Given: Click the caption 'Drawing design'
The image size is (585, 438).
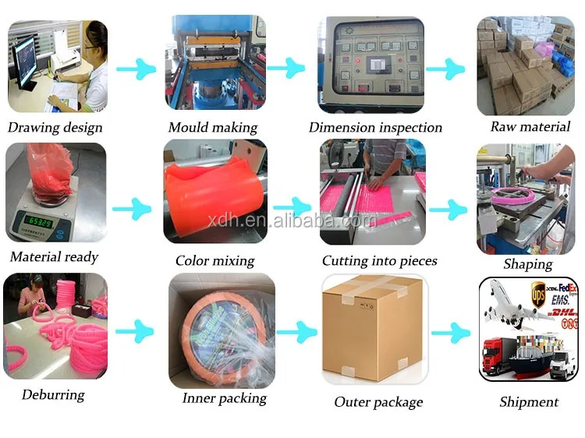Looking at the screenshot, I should point(55,127).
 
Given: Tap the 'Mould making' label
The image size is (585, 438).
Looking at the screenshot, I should point(212,127).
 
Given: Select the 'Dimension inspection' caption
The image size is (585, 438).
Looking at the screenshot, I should point(375,127).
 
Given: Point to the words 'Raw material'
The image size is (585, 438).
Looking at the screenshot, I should point(530,126).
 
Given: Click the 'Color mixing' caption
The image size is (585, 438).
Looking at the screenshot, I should point(214,261).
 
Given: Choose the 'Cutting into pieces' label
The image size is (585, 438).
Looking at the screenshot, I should point(379,261).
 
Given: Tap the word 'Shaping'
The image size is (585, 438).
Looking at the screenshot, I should point(527,264).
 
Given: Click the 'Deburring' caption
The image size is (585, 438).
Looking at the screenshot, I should point(54,394).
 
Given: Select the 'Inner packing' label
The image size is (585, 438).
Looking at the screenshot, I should point(224,398).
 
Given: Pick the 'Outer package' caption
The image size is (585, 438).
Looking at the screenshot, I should point(378,402).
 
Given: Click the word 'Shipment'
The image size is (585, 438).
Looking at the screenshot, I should point(529,402).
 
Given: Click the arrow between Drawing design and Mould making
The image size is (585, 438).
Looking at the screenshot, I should point(136,69).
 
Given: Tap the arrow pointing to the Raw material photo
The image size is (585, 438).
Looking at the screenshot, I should point(445,69).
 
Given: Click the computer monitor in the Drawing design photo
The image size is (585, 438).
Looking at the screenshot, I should point(25,59).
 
